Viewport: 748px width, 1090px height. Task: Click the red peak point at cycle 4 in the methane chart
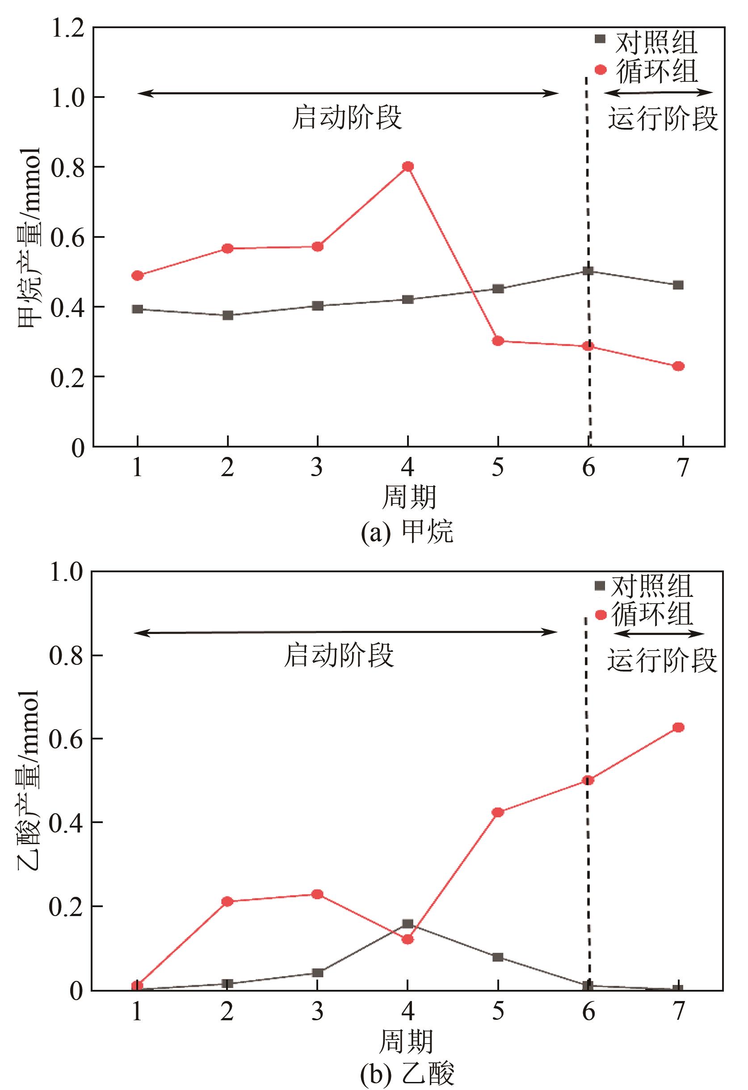[408, 166]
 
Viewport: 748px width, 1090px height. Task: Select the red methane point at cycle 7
[678, 366]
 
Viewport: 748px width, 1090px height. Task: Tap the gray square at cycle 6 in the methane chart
[588, 270]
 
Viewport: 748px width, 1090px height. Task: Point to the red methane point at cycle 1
[137, 275]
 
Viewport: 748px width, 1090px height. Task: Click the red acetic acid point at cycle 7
[678, 727]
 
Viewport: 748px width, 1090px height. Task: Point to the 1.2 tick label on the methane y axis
[68, 29]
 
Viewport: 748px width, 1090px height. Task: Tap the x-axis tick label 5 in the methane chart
[498, 468]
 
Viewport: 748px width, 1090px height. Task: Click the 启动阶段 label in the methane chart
[347, 117]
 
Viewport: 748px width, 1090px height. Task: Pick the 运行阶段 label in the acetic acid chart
[662, 660]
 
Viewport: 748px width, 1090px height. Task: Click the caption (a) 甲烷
[407, 532]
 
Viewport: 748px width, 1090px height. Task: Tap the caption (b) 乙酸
[407, 1073]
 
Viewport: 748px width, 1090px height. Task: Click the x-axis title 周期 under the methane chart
[409, 497]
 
